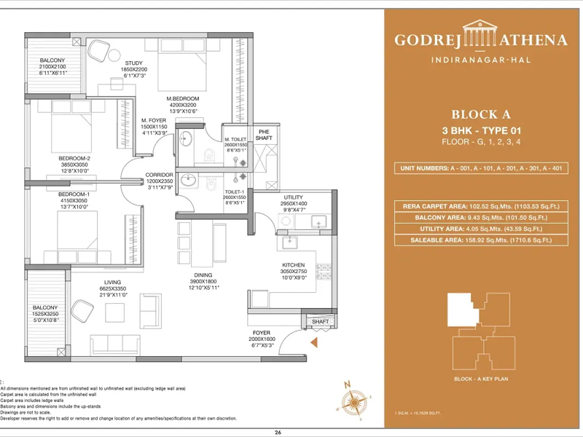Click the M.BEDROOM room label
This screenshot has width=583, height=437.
tap(183, 98)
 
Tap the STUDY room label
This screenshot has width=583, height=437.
tap(133, 63)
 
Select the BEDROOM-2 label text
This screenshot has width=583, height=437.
tap(74, 158)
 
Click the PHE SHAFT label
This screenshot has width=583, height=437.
tap(263, 135)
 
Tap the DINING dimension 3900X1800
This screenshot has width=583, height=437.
tap(204, 281)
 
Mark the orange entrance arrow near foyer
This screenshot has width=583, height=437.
tap(314, 342)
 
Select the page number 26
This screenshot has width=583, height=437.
tap(278, 432)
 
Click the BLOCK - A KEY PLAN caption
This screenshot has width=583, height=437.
tap(481, 380)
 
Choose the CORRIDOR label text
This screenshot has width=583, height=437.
tap(159, 175)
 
